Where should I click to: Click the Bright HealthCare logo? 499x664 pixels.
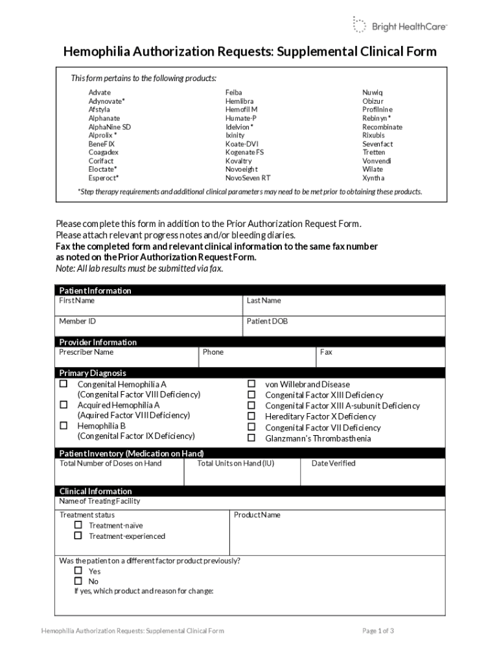pos(399,26)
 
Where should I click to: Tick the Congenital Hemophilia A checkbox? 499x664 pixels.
pos(64,384)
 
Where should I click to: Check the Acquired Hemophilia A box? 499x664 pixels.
pos(64,405)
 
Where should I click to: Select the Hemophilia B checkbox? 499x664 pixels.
pos(64,425)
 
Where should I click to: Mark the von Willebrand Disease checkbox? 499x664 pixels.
pos(251,384)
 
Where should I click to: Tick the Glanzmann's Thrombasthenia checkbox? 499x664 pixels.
pos(251,438)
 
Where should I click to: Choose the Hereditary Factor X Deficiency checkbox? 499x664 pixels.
pos(251,416)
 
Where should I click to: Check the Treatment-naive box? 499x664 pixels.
pos(78,525)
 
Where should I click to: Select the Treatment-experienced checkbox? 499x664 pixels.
pos(78,536)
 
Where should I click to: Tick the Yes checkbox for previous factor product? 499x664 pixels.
pos(78,571)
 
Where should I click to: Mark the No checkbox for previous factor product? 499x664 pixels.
pos(78,581)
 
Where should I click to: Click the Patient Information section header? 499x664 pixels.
pos(95,290)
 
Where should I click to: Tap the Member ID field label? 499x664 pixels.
pos(78,321)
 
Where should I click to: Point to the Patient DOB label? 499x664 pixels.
pos(267,321)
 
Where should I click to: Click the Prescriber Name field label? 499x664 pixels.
pos(86,352)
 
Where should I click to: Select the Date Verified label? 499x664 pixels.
pos(333,463)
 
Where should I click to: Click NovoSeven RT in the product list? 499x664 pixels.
pos(248,178)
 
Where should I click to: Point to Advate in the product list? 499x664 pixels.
pos(100,93)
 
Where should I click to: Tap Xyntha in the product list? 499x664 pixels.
pos(373,178)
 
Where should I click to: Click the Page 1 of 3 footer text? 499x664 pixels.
pos(378,631)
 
